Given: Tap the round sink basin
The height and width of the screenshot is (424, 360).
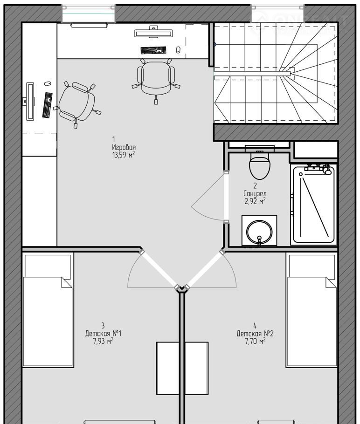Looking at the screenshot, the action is click(x=259, y=232).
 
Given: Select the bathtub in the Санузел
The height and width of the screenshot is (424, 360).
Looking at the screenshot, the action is click(x=313, y=205).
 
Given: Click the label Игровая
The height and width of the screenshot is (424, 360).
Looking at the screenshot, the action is click(x=124, y=147).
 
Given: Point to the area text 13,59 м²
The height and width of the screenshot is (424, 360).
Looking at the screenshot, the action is click(x=124, y=155).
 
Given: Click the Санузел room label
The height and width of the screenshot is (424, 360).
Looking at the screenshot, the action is click(x=255, y=194).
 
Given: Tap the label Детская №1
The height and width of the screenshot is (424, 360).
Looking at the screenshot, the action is click(x=104, y=333).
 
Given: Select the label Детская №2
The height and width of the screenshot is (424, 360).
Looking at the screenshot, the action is click(x=255, y=334).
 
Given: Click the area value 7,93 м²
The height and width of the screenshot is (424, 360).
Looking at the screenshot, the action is click(x=103, y=341).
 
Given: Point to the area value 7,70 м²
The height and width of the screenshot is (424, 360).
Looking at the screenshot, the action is click(x=255, y=341).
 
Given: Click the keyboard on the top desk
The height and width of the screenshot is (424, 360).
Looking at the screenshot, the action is click(x=153, y=50).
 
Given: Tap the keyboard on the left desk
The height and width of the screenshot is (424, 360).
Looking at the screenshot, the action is click(x=48, y=105).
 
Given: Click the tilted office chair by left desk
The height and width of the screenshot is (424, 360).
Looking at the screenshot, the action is click(x=77, y=103).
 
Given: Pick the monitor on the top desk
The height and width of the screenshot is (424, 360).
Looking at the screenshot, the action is click(x=153, y=33).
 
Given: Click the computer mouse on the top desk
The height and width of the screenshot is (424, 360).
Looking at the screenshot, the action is click(x=178, y=50).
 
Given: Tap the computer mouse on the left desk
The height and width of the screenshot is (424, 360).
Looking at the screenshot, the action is click(x=48, y=83).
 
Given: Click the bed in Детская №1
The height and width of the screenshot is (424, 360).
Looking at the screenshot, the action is click(x=48, y=310).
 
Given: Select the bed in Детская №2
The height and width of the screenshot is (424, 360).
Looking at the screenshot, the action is click(x=312, y=310).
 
